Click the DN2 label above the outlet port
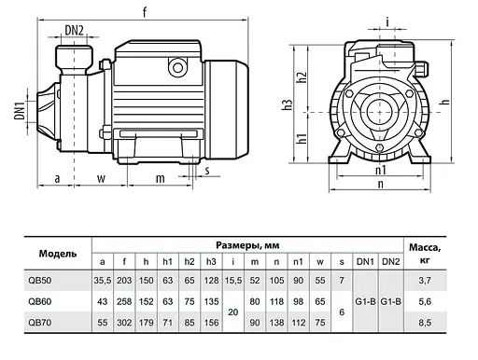[x=74, y=30]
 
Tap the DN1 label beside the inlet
[x=20, y=110]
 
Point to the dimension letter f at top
[x=145, y=12]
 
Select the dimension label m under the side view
[x=161, y=178]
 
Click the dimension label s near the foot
[x=207, y=171]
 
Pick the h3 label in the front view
[x=288, y=104]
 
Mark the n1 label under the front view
[x=381, y=170]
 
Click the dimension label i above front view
[x=387, y=22]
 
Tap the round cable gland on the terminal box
[x=177, y=67]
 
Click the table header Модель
[x=58, y=254]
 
